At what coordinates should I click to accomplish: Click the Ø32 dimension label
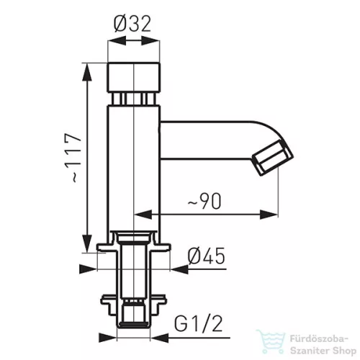(x=132, y=24)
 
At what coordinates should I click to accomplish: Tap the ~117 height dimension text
(x=73, y=158)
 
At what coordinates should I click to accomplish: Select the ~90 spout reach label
(x=204, y=201)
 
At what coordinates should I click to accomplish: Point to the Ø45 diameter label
(x=207, y=256)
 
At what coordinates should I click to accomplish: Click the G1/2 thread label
(x=198, y=324)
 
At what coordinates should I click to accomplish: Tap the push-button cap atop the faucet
(x=133, y=77)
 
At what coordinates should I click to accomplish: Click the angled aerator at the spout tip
(x=273, y=158)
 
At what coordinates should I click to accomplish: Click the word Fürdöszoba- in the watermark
(x=319, y=339)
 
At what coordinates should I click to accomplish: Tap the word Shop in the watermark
(x=344, y=351)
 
